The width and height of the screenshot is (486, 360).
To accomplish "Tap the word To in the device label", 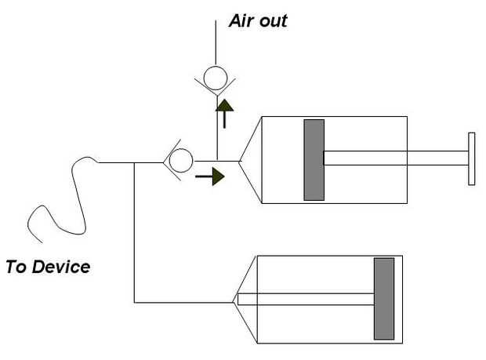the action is [x=17, y=267].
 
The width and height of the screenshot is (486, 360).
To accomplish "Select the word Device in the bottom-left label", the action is [x=61, y=267].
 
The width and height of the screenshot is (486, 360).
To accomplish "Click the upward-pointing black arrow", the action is [x=224, y=114].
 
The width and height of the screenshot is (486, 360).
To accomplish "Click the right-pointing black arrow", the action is [x=210, y=176].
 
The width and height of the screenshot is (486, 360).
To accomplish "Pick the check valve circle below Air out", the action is [x=216, y=78].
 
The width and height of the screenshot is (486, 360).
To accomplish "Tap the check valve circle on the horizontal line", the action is [x=181, y=160].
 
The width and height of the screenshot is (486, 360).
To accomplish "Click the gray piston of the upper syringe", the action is [x=314, y=160].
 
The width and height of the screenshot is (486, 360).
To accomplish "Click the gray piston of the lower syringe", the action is [x=384, y=299].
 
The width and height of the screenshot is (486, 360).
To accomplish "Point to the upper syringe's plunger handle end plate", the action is [x=471, y=158].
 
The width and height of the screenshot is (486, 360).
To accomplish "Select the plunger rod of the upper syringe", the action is [x=396, y=158].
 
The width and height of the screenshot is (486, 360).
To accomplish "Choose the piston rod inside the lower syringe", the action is [x=306, y=300].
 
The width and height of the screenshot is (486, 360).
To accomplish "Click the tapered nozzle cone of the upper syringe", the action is [x=250, y=160].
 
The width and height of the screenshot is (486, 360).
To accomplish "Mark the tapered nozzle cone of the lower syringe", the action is [x=245, y=300].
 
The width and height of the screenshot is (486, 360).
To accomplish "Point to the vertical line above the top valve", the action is [x=216, y=42].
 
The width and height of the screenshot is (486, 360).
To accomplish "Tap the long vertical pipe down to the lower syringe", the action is [x=134, y=233].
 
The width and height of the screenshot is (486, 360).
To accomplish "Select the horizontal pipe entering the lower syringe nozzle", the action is [x=183, y=302].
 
